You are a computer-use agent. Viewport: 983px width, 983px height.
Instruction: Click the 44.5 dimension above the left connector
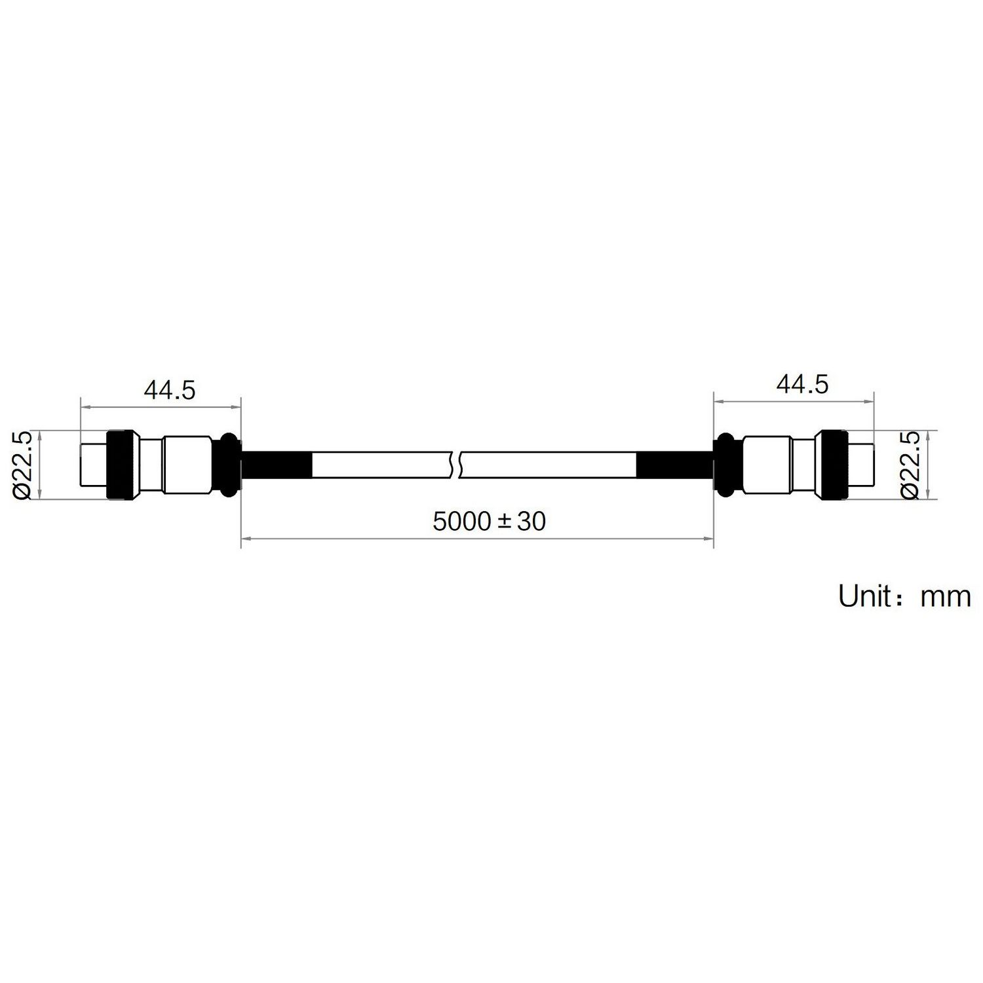point(170,390)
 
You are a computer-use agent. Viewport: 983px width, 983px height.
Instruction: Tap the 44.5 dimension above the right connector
point(802,384)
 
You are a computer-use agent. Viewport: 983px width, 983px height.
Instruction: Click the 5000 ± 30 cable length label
point(490,522)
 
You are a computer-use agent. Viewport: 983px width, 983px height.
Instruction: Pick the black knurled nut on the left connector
point(122,465)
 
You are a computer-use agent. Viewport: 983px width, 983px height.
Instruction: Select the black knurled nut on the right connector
point(832,465)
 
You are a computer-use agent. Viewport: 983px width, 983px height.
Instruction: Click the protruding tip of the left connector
point(93,465)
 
